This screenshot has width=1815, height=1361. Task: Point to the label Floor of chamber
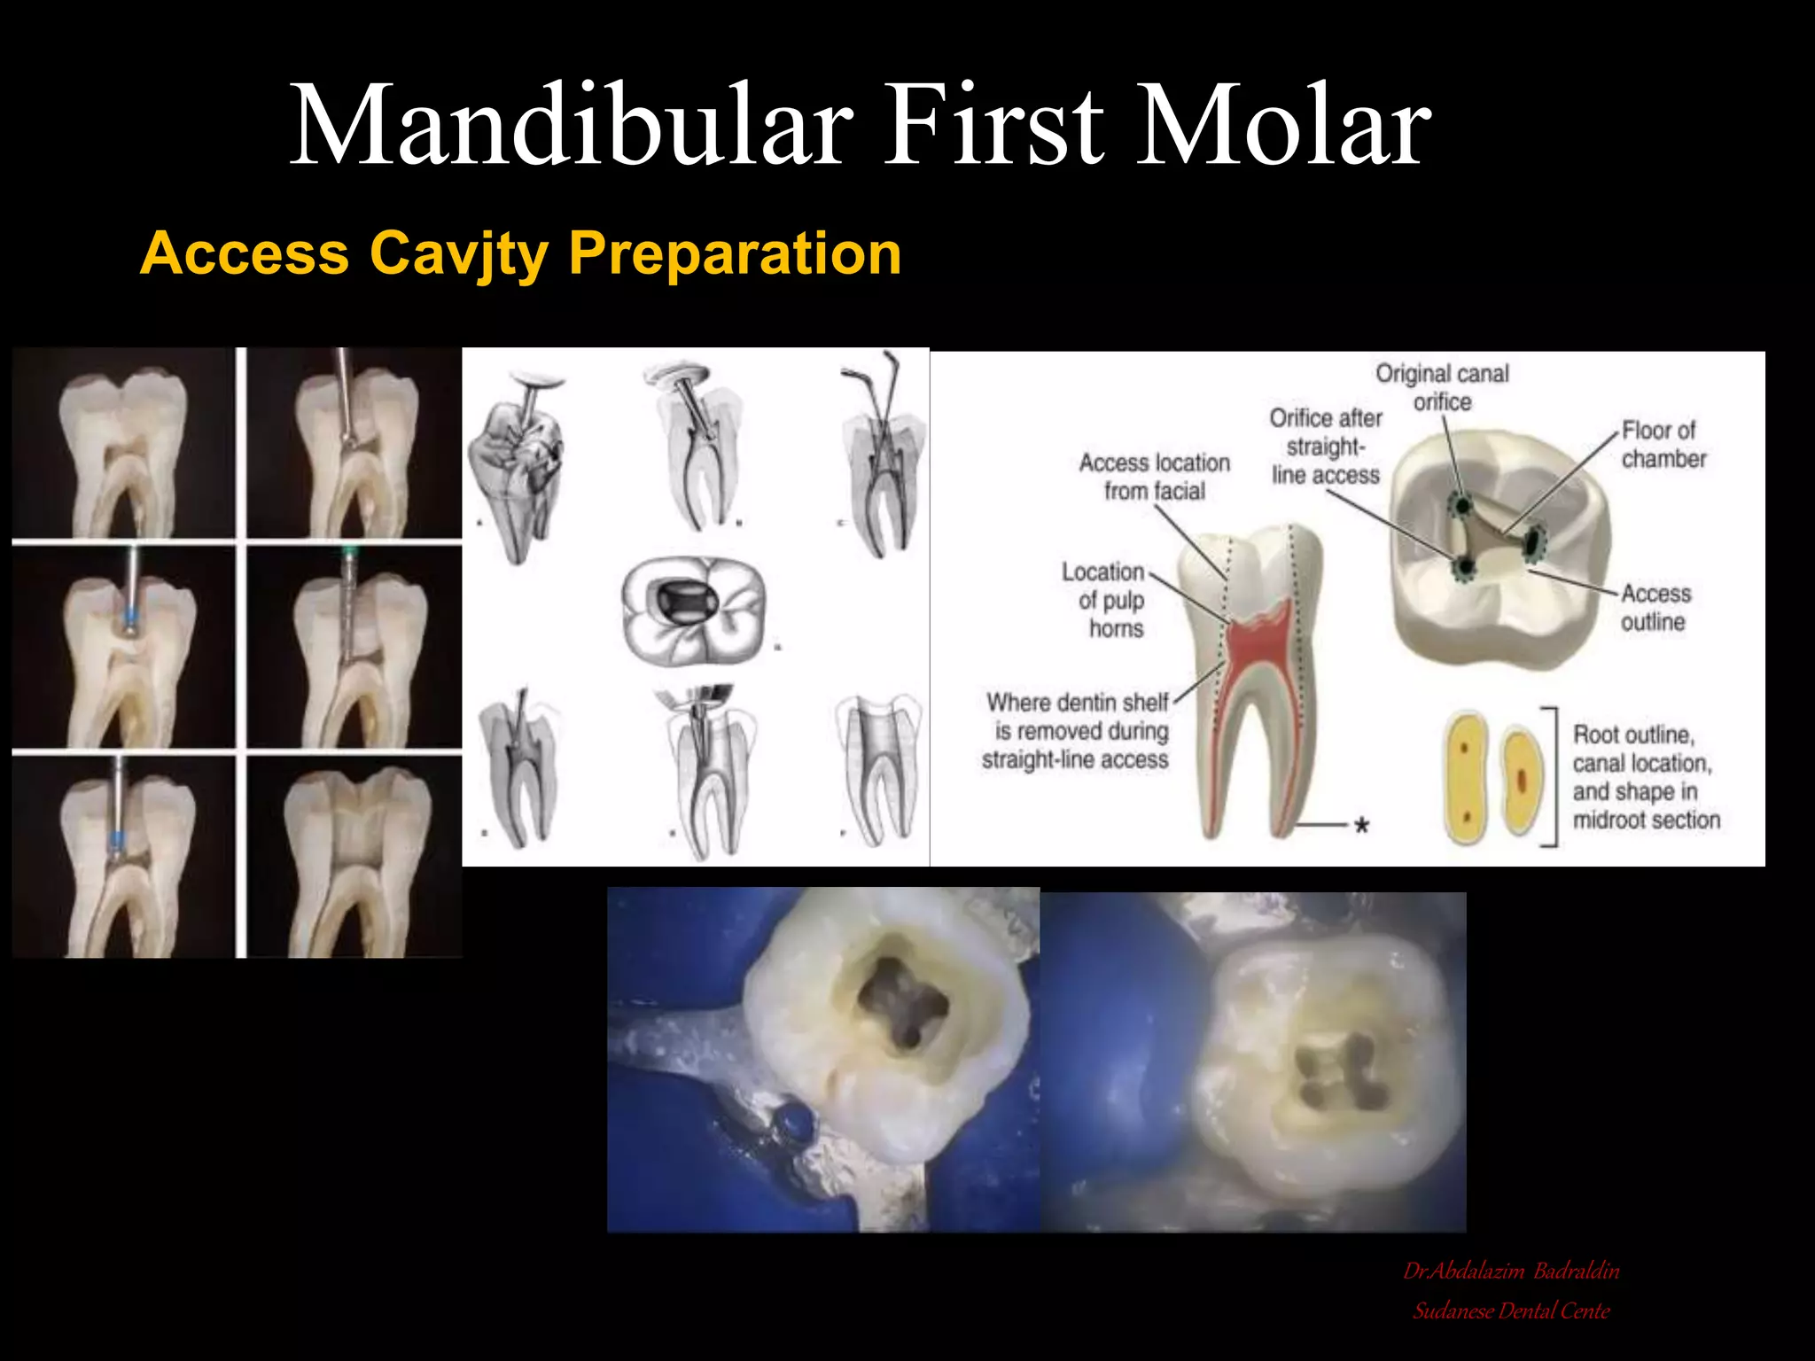1663,445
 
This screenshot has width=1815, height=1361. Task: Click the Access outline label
1655,608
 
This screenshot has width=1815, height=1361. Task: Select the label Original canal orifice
1442,387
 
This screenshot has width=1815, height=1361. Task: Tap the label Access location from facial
1154,477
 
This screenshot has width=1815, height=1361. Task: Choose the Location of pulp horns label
1105,600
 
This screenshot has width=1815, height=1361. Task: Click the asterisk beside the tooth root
1361,826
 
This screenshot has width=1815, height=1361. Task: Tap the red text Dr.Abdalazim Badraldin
1511,1272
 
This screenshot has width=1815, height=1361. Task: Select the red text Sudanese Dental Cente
1511,1311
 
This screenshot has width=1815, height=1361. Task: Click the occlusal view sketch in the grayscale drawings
692,610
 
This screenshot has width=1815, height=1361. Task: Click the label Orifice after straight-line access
1326,447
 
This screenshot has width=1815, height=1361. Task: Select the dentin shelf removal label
1076,731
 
